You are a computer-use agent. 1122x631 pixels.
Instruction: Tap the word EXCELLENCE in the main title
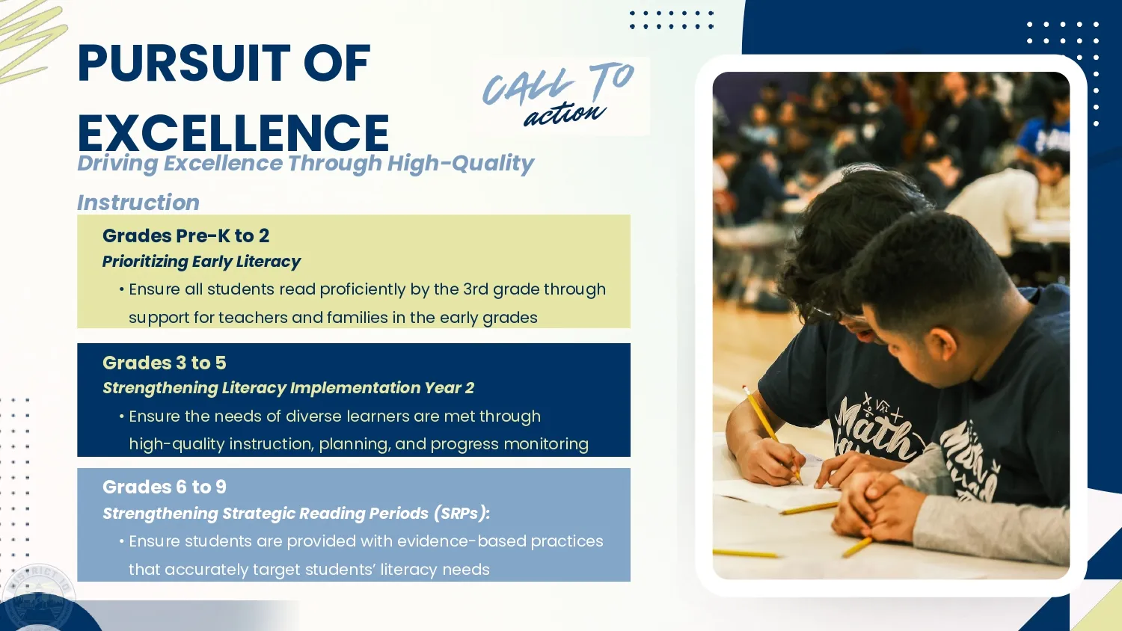pyautogui.click(x=233, y=133)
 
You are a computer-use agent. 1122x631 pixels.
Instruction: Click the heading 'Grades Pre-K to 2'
pyautogui.click(x=186, y=236)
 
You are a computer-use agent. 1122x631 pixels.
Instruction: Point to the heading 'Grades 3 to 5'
pyautogui.click(x=165, y=363)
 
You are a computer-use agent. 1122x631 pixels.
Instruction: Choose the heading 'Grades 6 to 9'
pyautogui.click(x=165, y=487)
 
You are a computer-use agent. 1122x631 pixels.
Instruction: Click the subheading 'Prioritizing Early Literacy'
pyautogui.click(x=201, y=262)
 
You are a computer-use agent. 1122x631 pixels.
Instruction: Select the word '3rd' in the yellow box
pyautogui.click(x=475, y=289)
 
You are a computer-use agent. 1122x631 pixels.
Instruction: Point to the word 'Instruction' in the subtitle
pyautogui.click(x=138, y=203)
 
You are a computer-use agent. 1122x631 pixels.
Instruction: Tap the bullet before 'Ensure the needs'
pyautogui.click(x=122, y=416)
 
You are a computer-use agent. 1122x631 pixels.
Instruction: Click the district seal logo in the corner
pyautogui.click(x=38, y=598)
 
